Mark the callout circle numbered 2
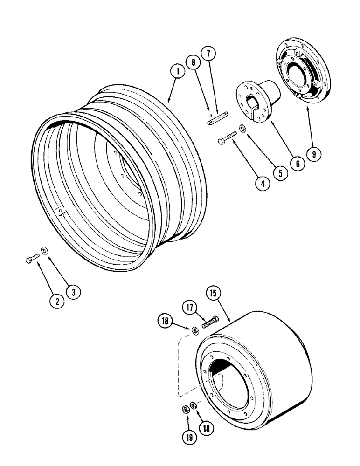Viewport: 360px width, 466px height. (57, 301)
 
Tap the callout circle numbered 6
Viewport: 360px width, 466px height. (297, 164)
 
